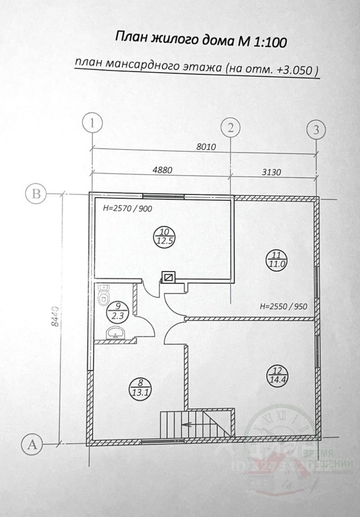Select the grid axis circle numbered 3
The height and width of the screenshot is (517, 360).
[316, 129]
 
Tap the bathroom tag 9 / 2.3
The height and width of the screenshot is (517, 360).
[114, 312]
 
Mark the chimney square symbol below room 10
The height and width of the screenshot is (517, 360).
[169, 278]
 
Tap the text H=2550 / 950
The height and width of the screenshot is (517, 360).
[283, 308]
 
